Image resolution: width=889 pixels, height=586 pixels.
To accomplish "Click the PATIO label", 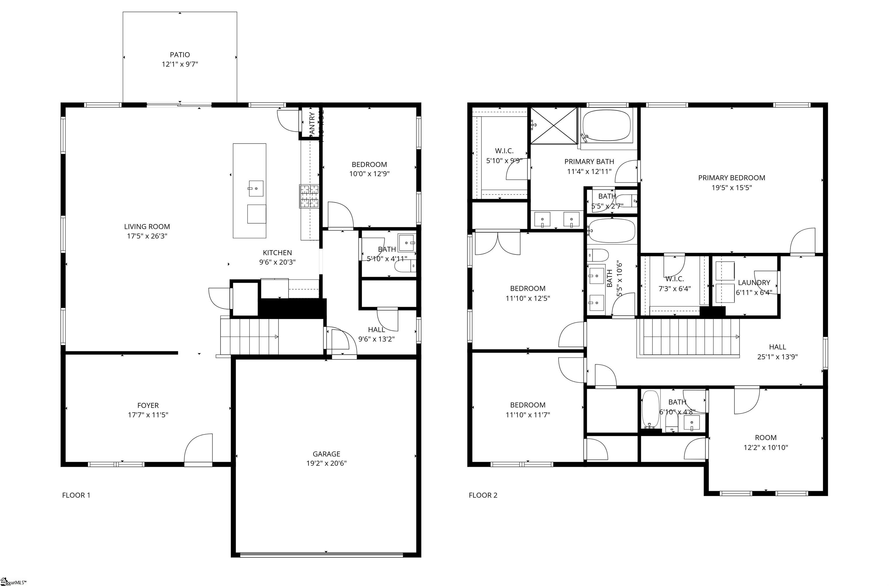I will click(180, 54).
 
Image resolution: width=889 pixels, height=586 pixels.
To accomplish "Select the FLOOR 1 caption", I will click(76, 495).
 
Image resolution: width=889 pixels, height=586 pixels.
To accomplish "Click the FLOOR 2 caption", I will click(483, 495).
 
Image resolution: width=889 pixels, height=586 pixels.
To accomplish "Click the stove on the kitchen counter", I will click(309, 196).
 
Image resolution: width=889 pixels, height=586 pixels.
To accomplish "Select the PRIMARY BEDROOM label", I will click(731, 178).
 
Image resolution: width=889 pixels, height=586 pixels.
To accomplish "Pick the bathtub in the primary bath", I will click(606, 126).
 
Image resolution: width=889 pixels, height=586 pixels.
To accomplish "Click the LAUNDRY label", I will click(754, 283).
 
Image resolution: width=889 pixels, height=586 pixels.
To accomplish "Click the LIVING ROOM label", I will click(147, 227).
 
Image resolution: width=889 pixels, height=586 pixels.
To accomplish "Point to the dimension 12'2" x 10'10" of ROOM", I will click(765, 447).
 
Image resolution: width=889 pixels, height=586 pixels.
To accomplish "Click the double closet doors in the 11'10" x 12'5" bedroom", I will click(497, 243).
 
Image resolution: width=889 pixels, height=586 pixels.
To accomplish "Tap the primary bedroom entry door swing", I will click(803, 241).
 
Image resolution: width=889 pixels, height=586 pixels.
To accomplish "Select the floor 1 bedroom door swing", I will click(340, 215).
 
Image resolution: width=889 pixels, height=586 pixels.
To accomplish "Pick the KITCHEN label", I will click(277, 253).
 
